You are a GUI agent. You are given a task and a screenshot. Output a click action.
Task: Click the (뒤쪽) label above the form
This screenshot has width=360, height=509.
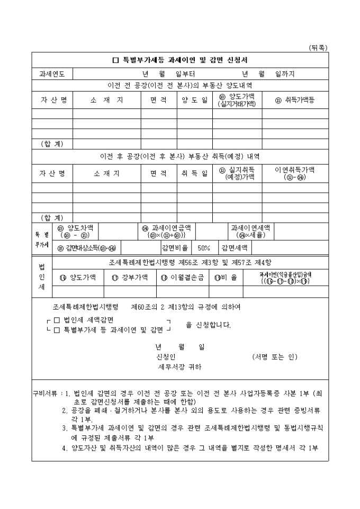click(318, 48)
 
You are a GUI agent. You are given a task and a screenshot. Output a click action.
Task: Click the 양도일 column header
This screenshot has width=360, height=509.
click(194, 100)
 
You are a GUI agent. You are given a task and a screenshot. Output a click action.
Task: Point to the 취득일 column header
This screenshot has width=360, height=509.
click(194, 173)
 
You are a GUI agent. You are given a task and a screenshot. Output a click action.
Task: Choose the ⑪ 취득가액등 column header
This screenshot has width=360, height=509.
click(295, 100)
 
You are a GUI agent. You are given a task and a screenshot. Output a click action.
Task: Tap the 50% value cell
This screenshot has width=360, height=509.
click(204, 248)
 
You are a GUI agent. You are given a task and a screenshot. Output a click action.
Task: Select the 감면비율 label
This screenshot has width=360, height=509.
click(175, 248)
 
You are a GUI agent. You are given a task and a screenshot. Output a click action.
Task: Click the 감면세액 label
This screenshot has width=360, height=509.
click(236, 248)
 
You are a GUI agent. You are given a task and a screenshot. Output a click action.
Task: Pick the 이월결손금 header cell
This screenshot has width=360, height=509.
click(183, 277)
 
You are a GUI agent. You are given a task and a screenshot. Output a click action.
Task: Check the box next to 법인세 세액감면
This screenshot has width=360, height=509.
click(57, 320)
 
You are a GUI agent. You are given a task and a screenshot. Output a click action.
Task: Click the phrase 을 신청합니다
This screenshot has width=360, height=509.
click(208, 325)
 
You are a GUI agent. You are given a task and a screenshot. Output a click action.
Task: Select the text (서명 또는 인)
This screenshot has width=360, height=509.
click(275, 357)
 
